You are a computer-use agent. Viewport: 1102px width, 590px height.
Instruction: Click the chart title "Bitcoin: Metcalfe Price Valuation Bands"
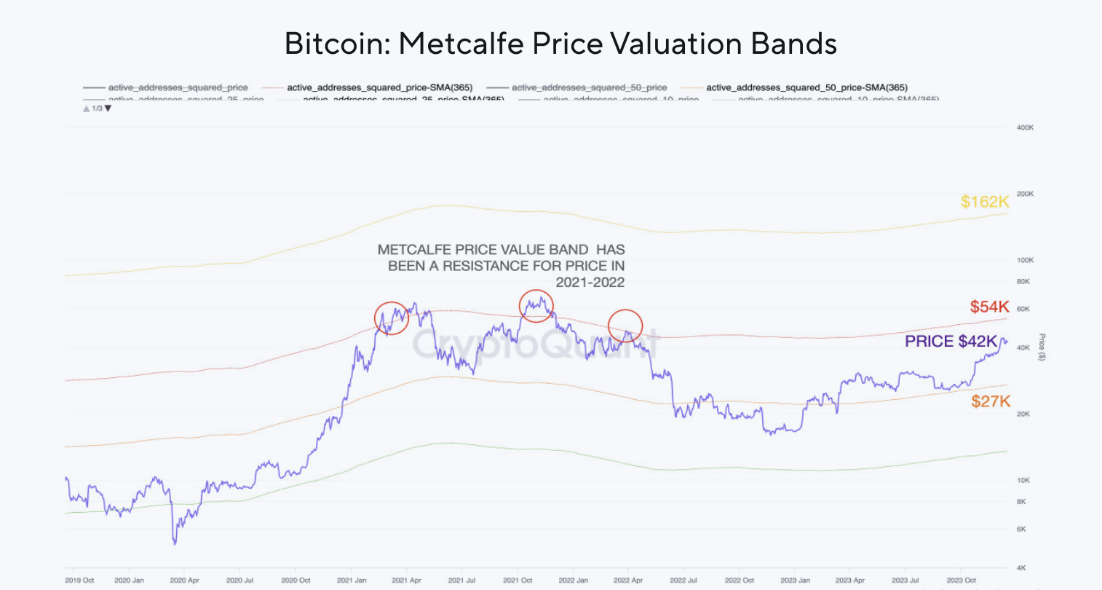560,44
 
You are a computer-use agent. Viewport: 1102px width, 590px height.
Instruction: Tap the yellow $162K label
984,202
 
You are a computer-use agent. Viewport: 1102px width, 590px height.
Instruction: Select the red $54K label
989,307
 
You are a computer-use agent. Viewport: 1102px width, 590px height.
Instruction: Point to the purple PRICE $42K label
951,342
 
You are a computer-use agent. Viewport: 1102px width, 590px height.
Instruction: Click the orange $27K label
991,401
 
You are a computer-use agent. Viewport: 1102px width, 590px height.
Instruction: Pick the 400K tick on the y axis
1025,127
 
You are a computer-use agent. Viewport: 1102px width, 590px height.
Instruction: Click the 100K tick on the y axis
1025,260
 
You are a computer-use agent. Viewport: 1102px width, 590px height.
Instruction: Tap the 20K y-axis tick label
1023,414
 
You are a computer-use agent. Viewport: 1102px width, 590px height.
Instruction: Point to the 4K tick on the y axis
1021,567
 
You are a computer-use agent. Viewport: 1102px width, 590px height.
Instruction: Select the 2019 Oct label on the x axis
79,581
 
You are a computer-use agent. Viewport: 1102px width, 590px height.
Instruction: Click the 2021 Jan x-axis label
352,581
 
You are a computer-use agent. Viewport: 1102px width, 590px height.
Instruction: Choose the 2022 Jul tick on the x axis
683,581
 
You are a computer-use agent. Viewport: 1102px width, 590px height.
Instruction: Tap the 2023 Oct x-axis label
960,581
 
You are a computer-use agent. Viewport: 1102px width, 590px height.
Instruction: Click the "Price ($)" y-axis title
1042,347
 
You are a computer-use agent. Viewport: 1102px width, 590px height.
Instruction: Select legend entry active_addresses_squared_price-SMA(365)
379,87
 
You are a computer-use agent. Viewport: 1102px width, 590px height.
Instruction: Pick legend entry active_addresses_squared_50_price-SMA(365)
806,87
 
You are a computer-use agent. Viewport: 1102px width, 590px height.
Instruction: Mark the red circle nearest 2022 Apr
625,326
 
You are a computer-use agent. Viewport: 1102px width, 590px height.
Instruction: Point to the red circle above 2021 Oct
536,306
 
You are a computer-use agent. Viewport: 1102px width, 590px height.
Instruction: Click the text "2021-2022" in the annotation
590,283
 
